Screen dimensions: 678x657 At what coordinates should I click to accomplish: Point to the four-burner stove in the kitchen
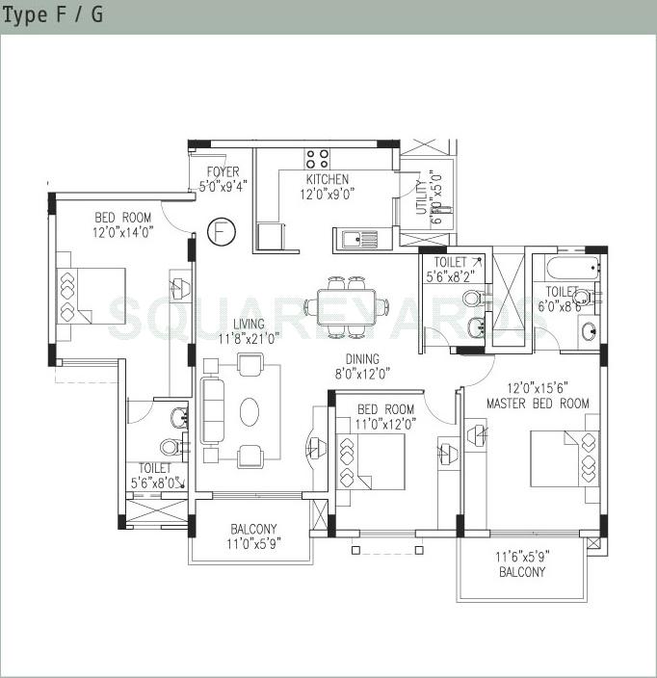[317, 159]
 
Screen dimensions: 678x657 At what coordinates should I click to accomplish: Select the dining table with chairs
[346, 307]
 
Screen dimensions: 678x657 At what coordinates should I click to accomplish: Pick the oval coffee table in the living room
[249, 411]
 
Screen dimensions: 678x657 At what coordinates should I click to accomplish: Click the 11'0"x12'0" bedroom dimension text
[384, 423]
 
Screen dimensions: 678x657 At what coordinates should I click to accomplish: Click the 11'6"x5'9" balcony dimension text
[521, 557]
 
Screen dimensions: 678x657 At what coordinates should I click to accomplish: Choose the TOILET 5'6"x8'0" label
[154, 477]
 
